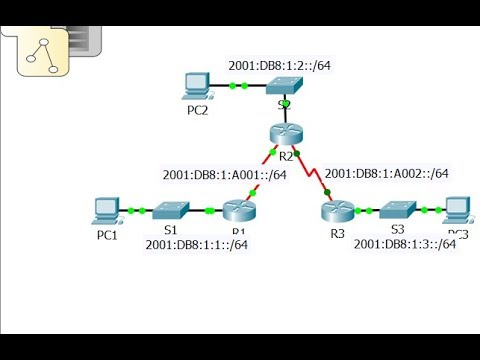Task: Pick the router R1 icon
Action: point(240,211)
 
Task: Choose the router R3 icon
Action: point(336,211)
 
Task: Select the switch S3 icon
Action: point(397,211)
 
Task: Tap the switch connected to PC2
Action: point(285,87)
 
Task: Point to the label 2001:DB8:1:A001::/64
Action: point(225,175)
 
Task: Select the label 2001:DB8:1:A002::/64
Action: point(386,172)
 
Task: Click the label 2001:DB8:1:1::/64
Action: point(197,245)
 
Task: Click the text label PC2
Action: point(198,110)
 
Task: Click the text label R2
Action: point(286,157)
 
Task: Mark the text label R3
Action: point(336,233)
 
